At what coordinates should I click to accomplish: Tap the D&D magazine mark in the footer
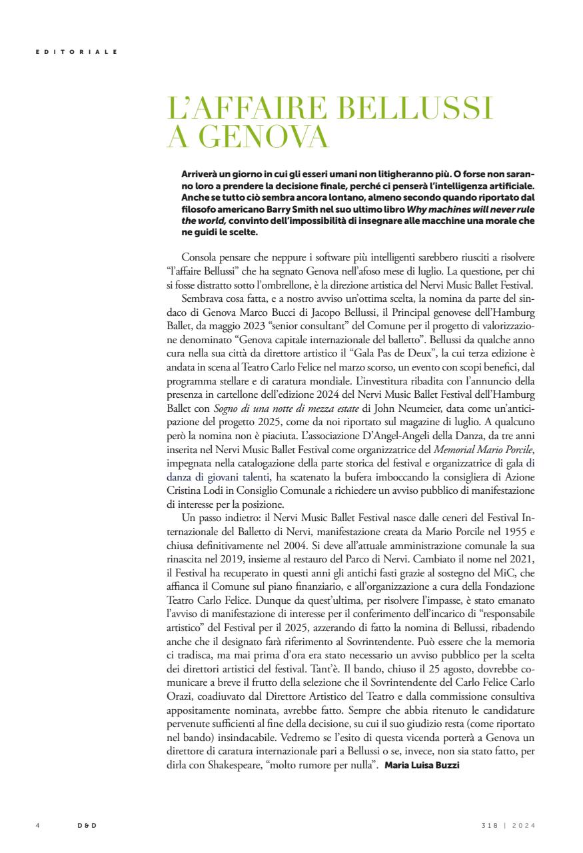coord(87,825)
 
